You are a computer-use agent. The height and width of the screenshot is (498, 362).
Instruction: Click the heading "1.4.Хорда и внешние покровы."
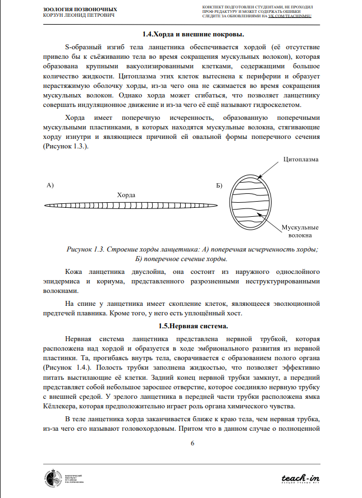pos(181,35)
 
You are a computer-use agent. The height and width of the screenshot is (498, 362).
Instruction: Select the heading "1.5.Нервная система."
pos(181,326)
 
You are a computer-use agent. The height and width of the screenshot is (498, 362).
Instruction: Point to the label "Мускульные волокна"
pos(300,231)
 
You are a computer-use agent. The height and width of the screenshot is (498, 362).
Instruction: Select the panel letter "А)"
pos(49,184)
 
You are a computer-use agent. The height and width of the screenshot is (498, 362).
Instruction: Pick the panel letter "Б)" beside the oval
pos(219,184)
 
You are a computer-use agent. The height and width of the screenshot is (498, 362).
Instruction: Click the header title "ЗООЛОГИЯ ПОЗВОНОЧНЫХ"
pos(80,10)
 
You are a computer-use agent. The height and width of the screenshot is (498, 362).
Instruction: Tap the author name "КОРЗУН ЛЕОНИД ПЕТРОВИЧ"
pos(79,15)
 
